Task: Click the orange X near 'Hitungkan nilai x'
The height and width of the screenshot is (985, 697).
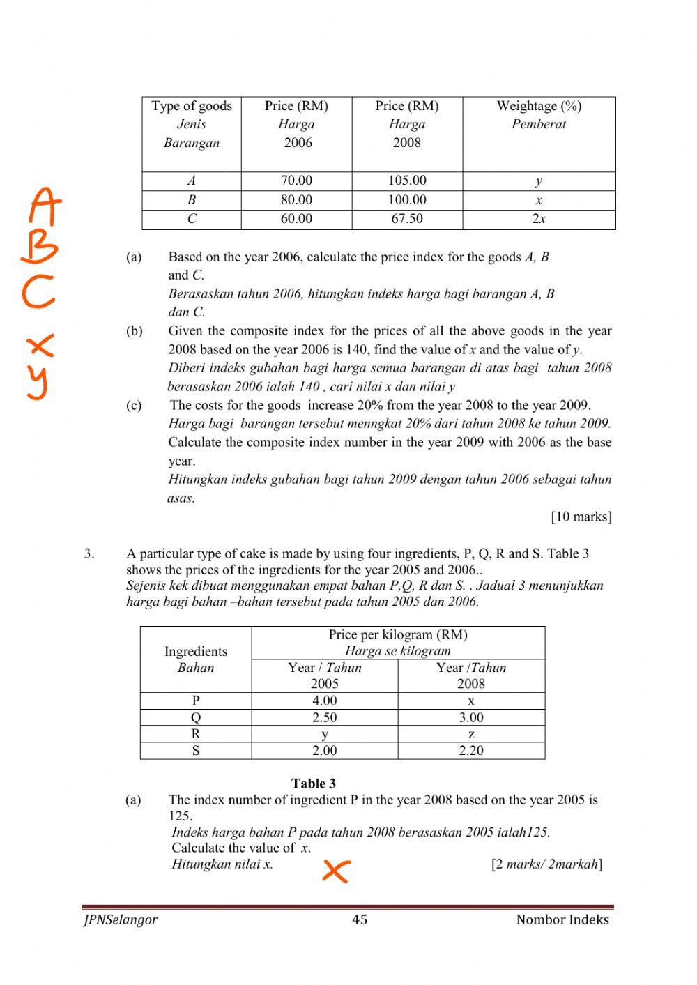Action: [335, 870]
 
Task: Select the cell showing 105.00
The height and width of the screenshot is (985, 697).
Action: [407, 181]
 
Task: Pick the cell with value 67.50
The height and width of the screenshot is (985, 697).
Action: [407, 219]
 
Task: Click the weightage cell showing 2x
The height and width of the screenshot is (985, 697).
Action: [539, 219]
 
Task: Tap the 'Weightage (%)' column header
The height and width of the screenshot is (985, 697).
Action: [539, 106]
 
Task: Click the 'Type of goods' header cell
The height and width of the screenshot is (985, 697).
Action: [192, 106]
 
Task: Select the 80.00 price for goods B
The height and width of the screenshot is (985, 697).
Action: [296, 200]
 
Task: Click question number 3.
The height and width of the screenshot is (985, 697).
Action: [89, 554]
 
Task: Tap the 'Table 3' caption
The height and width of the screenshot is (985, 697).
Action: [314, 783]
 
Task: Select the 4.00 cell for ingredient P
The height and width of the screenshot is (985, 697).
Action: [325, 701]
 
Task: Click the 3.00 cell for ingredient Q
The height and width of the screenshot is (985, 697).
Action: [471, 717]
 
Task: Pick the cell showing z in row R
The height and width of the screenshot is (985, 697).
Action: [471, 734]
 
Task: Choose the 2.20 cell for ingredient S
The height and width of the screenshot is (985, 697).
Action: [471, 751]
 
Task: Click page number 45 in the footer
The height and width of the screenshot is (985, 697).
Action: [360, 919]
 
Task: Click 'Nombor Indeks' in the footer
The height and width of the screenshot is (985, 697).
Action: [562, 919]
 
